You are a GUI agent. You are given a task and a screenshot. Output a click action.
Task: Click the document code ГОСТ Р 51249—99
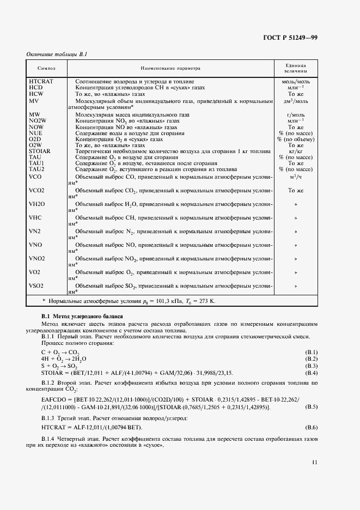coord(290,38)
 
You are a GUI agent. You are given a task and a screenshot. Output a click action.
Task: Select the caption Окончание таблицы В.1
coord(57,54)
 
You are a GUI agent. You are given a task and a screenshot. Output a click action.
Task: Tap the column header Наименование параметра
coord(170,69)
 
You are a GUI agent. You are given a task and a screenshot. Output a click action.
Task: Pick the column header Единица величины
coord(295,69)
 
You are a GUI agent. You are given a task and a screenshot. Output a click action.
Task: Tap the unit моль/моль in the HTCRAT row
coord(295,81)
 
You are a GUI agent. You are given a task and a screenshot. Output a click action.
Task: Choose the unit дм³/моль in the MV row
coord(295,101)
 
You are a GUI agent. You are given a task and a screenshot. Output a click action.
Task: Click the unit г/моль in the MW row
coord(295,116)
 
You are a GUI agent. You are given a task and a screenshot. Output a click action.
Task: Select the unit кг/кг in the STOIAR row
coord(295,151)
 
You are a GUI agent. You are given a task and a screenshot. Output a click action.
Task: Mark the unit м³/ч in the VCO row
coord(295,177)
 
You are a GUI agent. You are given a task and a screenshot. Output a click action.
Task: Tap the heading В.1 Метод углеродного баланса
coord(82,317)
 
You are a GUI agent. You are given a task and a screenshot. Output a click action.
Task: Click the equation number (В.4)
coord(310,372)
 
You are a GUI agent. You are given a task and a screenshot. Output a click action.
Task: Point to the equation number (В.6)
coord(310,427)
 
